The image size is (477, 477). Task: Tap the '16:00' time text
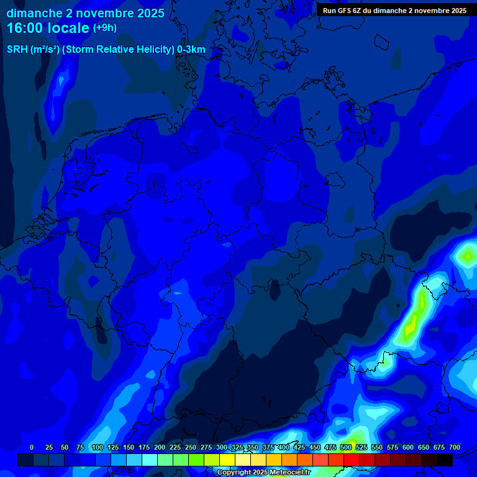(26, 28)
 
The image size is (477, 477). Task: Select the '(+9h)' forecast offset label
(105, 28)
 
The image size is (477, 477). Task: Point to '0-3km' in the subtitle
(191, 50)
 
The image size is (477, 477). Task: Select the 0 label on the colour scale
(32, 447)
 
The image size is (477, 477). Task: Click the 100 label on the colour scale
(97, 447)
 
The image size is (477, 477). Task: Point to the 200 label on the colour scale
(159, 447)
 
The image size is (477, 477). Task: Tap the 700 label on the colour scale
(455, 447)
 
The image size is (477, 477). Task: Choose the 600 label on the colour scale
(408, 447)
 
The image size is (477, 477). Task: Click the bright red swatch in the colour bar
(352, 460)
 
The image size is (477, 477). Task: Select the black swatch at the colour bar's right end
(445, 460)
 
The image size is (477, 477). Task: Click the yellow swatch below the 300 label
(227, 460)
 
